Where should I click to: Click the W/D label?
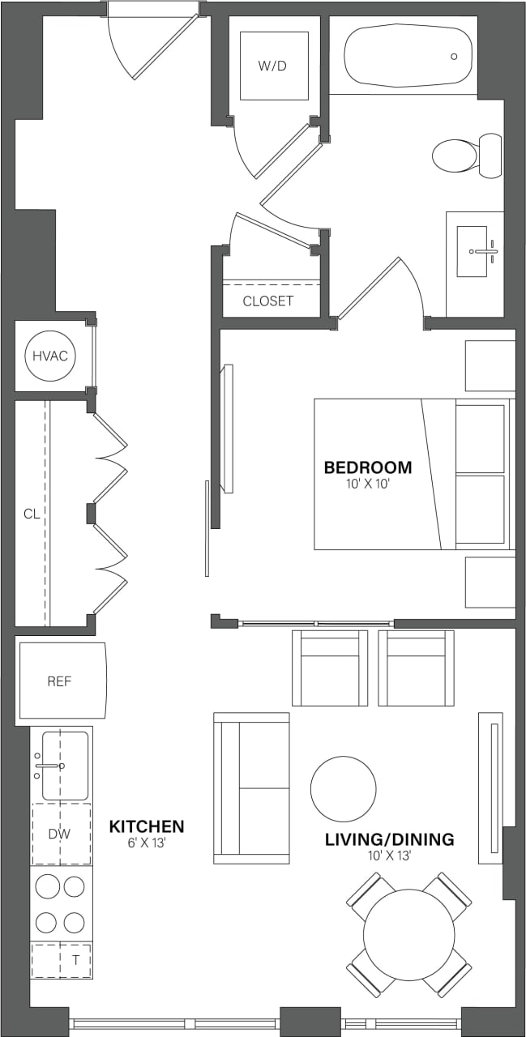click(273, 66)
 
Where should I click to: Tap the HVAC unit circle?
click(50, 356)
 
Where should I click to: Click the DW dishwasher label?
click(59, 834)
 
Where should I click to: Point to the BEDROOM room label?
click(367, 467)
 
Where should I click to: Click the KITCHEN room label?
click(147, 827)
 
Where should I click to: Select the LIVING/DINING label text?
click(389, 839)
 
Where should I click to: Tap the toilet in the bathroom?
click(465, 156)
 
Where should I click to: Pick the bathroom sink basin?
click(473, 251)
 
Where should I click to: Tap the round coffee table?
click(343, 789)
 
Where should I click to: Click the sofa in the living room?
click(251, 787)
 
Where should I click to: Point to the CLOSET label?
click(268, 301)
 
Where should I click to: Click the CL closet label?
click(32, 514)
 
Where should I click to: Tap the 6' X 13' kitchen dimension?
click(147, 843)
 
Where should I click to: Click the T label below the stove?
click(75, 960)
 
